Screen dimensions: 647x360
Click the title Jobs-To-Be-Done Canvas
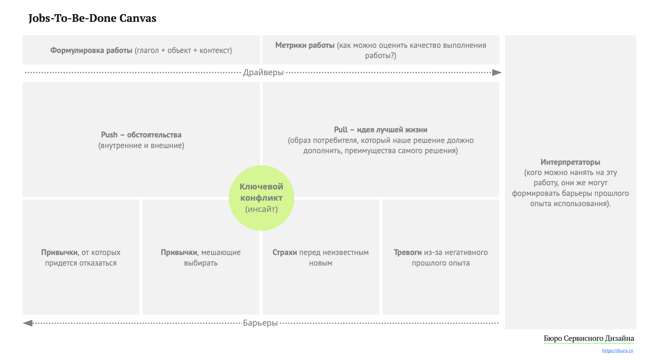click(x=92, y=18)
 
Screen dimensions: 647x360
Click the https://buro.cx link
click(x=617, y=351)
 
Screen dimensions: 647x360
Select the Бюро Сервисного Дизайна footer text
click(x=589, y=338)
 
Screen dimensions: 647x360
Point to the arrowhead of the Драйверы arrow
click(x=497, y=73)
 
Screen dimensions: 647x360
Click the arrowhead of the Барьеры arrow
click(x=28, y=323)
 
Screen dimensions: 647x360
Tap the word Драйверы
click(x=263, y=73)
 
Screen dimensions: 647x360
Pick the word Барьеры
click(x=260, y=323)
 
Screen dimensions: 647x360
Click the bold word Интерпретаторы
click(x=570, y=162)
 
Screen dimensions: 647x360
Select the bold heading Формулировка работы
click(x=91, y=50)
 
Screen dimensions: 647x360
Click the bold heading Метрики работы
click(x=305, y=45)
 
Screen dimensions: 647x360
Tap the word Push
click(x=109, y=135)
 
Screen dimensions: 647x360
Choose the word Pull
click(x=341, y=130)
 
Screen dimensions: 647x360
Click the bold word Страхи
click(x=284, y=252)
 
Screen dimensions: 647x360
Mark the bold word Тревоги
click(x=407, y=252)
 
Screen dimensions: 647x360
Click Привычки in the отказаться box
click(x=59, y=252)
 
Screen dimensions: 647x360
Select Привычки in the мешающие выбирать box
click(x=179, y=252)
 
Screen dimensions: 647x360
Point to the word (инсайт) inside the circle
click(x=261, y=209)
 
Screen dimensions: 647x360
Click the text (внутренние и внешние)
click(x=141, y=145)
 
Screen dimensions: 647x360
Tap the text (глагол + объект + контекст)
click(x=183, y=50)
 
